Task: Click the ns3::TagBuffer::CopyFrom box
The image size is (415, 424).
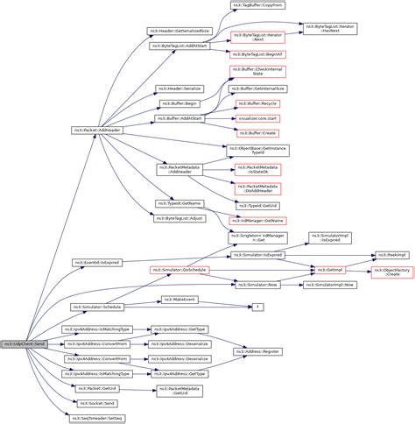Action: tap(250, 5)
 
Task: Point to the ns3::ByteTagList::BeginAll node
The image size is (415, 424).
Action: tap(250, 53)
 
